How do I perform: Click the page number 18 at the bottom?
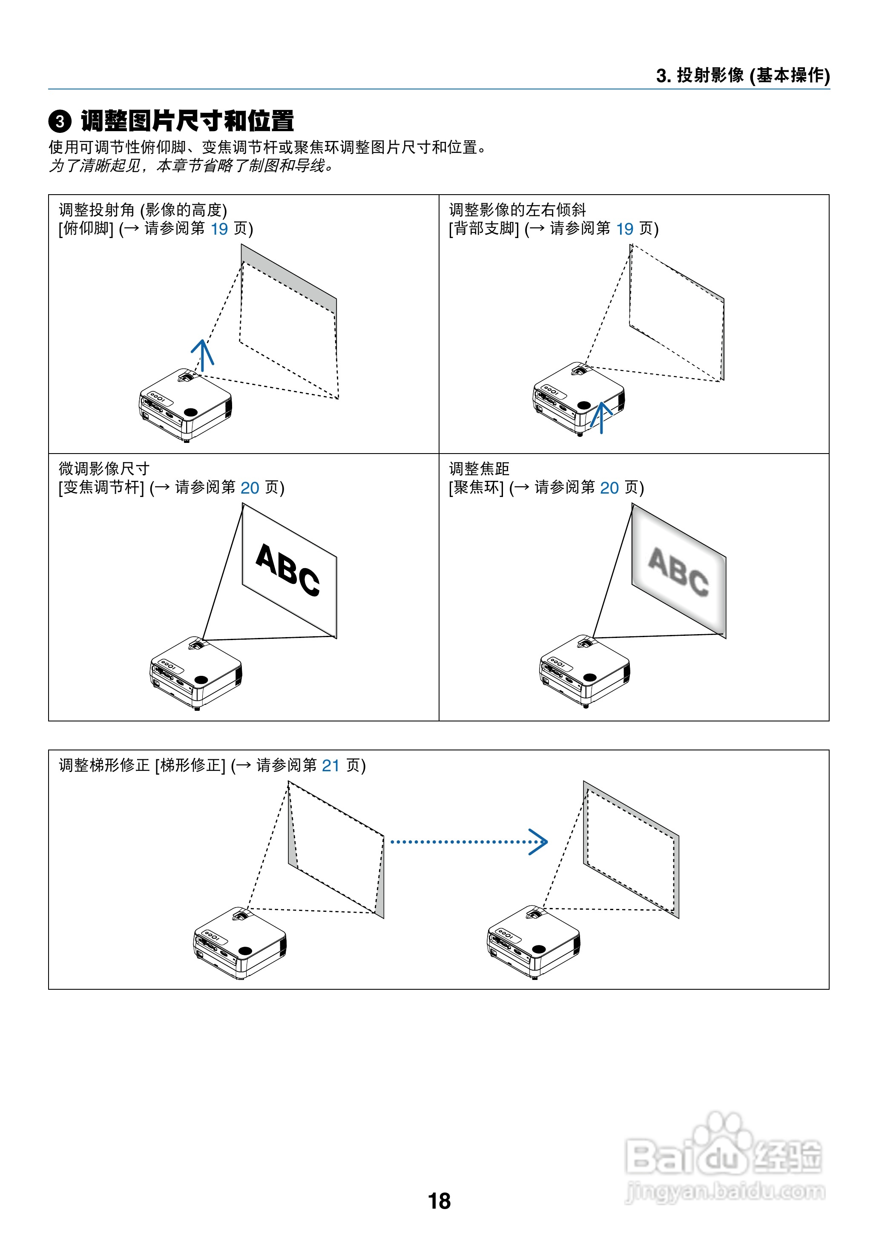(x=439, y=1201)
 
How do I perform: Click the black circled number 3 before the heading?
(x=60, y=121)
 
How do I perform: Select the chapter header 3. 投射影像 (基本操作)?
(x=743, y=75)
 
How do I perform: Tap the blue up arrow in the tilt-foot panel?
(x=202, y=354)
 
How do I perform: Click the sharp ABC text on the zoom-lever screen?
(x=287, y=570)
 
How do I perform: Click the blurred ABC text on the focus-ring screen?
(x=678, y=572)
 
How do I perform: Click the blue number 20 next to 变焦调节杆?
(x=250, y=488)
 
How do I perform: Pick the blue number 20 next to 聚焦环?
(x=609, y=488)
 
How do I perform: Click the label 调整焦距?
(x=479, y=469)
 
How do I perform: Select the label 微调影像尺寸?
(x=104, y=469)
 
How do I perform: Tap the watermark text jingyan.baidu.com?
(x=725, y=1190)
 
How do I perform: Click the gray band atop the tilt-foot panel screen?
(x=288, y=278)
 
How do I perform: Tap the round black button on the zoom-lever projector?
(x=201, y=679)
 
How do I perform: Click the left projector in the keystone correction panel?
(x=240, y=942)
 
